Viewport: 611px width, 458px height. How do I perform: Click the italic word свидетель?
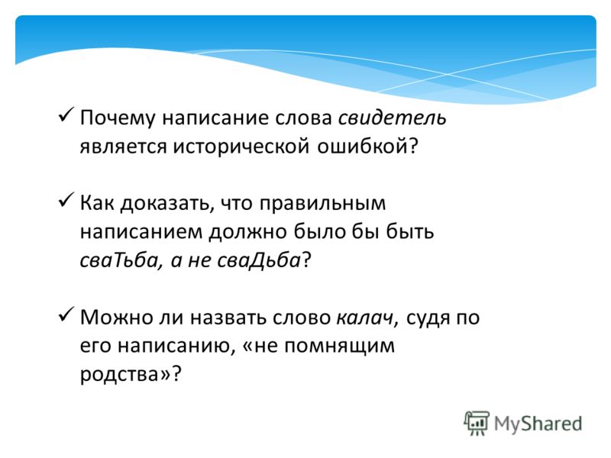click(392, 118)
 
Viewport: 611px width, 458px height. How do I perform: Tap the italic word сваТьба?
click(118, 260)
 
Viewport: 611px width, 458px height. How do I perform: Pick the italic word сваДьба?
click(258, 260)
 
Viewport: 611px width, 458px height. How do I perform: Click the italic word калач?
click(364, 318)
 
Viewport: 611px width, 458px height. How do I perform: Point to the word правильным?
click(322, 204)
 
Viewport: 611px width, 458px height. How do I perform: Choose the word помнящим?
click(339, 347)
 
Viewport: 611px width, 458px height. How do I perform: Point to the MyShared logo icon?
click(476, 424)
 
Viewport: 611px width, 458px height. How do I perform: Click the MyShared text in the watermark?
click(538, 424)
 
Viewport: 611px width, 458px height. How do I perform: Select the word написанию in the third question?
click(176, 347)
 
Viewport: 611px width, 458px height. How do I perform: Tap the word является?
click(123, 147)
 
